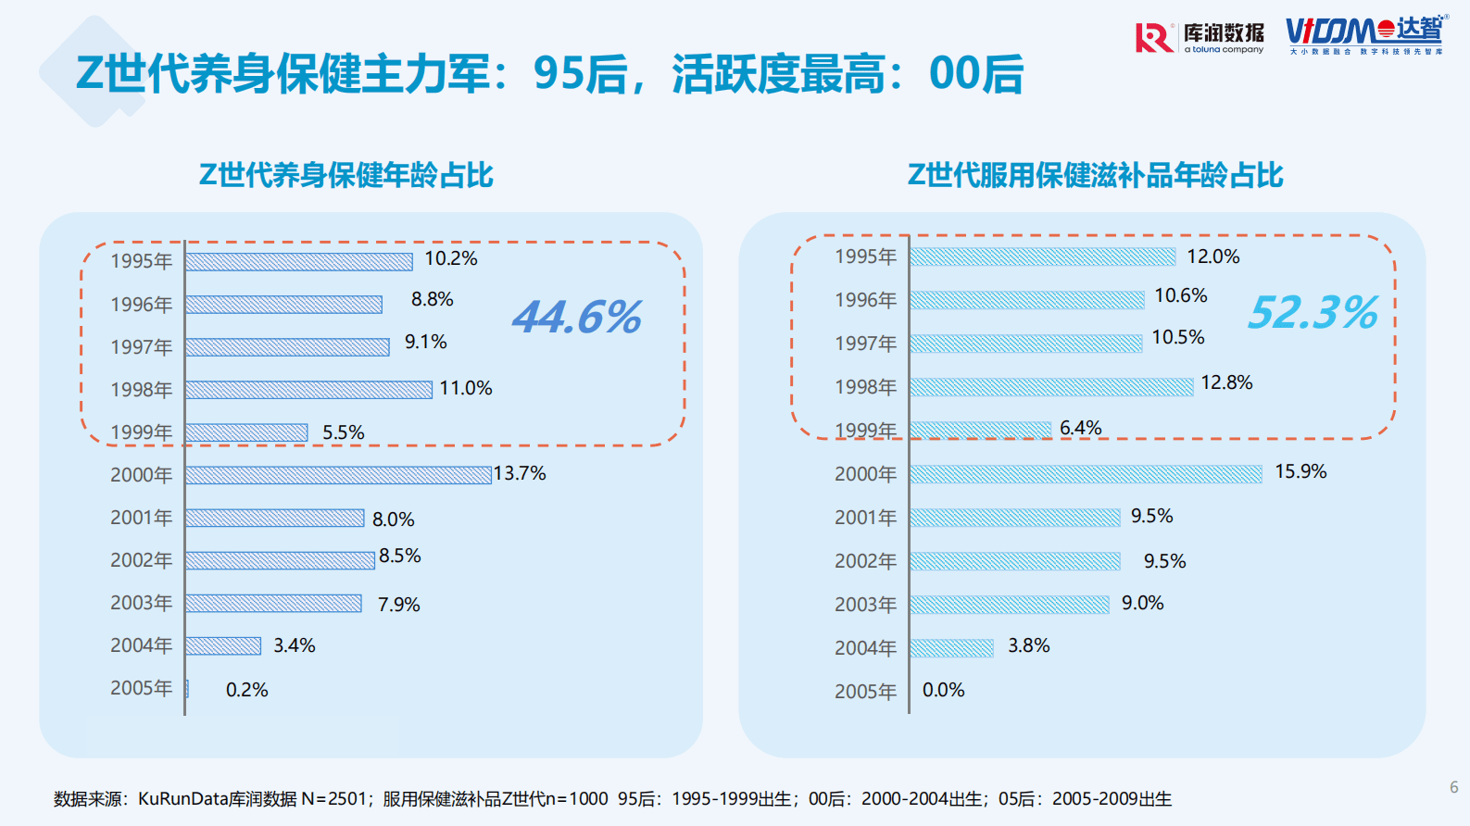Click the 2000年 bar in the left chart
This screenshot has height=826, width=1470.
coord(337,475)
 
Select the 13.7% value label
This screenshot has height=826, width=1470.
coord(520,473)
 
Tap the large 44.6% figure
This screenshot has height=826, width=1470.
coord(577,317)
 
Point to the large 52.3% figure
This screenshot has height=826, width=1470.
coord(1313,312)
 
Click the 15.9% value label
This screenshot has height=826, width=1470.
coord(1300,471)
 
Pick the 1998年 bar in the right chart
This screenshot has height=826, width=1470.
coord(1051,386)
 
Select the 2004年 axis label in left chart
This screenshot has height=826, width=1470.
coord(142,645)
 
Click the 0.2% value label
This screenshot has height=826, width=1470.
coord(246,690)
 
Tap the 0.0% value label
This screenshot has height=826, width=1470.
coord(943,690)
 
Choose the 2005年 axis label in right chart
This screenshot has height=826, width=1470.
coord(865,692)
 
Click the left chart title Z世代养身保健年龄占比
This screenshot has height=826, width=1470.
coord(346,175)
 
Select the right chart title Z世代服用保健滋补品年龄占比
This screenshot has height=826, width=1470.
coord(1095,175)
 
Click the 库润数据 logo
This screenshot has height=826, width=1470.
coord(1200,38)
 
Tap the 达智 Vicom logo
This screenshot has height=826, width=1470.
coord(1364,34)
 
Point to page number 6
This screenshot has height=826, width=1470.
coord(1453,787)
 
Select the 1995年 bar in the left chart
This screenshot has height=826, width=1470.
coord(298,262)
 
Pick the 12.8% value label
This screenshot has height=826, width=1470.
coord(1226,382)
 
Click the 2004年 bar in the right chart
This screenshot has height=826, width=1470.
coord(951,648)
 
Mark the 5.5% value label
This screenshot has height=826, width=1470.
coord(343,432)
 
